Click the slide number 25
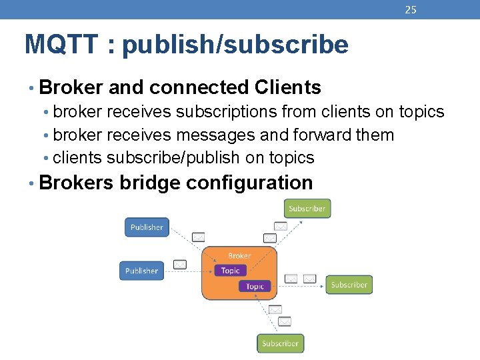point(411,9)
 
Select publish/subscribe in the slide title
point(235,45)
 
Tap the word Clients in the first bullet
point(287,87)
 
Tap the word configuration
point(249,182)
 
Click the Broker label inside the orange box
point(239,255)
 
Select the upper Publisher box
point(147,227)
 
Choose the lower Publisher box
point(141,271)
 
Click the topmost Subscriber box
point(307,209)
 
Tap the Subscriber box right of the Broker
point(349,285)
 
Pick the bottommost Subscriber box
point(280,343)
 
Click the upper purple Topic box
point(230,270)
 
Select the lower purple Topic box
point(255,286)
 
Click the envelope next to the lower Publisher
point(179,265)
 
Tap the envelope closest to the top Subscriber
point(281,226)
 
